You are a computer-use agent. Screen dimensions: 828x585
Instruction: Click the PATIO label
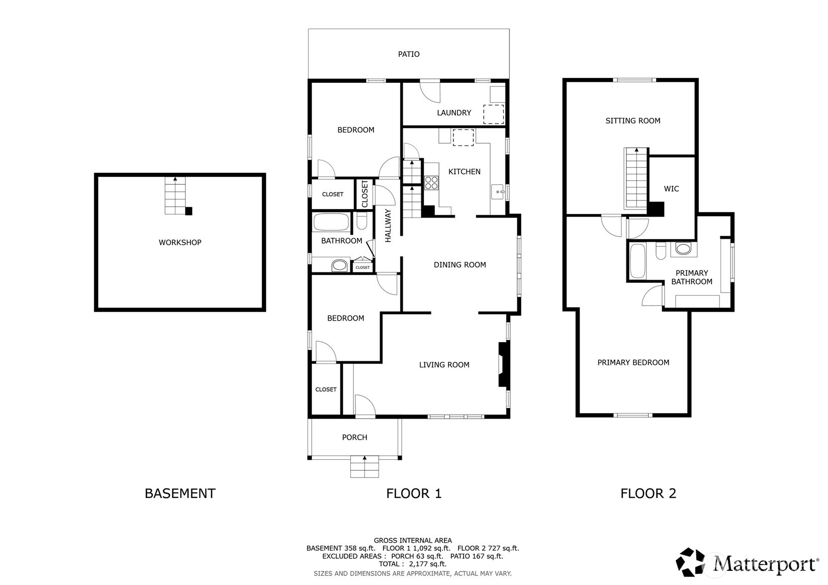point(408,54)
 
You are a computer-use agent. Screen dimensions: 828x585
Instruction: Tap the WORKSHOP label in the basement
point(180,242)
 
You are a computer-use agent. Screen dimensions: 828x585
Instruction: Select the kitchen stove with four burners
point(431,183)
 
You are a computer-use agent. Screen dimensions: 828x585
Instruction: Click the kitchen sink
point(498,192)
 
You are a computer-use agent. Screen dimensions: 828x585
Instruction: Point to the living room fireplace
point(504,364)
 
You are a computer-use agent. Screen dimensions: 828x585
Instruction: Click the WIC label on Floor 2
point(671,189)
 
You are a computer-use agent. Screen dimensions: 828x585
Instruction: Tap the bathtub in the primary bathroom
point(637,260)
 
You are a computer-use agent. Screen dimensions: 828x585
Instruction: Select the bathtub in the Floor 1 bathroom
point(331,222)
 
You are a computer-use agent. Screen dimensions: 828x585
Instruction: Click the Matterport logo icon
point(690,562)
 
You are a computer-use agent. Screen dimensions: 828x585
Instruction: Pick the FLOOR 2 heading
point(648,494)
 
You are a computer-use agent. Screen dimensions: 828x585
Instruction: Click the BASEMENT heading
point(180,494)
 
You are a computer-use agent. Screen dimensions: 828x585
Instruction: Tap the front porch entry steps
point(364,467)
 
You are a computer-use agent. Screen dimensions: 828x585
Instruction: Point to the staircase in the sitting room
point(636,178)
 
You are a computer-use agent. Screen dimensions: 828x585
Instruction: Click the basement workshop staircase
point(175,196)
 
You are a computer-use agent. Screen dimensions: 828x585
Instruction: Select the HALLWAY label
point(388,226)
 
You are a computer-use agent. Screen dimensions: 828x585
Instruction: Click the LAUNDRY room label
point(454,113)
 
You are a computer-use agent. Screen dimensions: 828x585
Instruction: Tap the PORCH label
point(354,438)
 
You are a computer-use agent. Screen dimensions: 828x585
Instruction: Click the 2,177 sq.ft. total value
point(428,564)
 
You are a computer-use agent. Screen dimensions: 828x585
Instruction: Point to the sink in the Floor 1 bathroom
point(339,265)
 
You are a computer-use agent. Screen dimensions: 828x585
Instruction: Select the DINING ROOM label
point(460,264)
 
